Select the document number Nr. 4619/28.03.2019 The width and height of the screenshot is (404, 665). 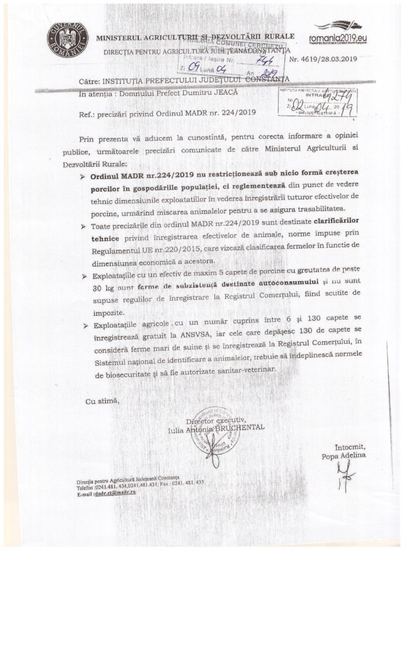[331, 59]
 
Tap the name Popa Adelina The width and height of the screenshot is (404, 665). [344, 456]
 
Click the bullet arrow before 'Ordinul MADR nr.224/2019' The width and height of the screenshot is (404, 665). [82, 177]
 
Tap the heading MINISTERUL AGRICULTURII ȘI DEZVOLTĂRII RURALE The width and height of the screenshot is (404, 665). [194, 37]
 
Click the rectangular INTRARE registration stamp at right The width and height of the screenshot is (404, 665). [317, 101]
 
